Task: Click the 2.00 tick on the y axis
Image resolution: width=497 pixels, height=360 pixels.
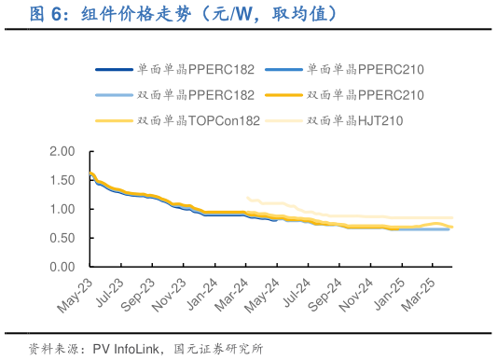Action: (x=62, y=151)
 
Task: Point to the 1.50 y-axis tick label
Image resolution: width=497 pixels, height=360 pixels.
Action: (x=62, y=180)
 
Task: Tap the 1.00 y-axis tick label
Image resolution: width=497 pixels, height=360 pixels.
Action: (x=62, y=209)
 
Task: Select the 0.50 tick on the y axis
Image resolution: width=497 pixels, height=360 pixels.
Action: (x=62, y=238)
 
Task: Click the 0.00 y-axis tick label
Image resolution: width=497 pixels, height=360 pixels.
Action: (x=62, y=267)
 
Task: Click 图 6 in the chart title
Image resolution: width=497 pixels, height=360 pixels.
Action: (x=47, y=15)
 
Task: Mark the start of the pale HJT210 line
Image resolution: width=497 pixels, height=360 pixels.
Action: (x=246, y=197)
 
